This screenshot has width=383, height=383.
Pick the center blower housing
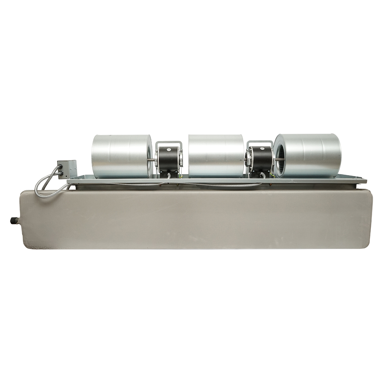click(216, 156)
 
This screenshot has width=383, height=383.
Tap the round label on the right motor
click(261, 148)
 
